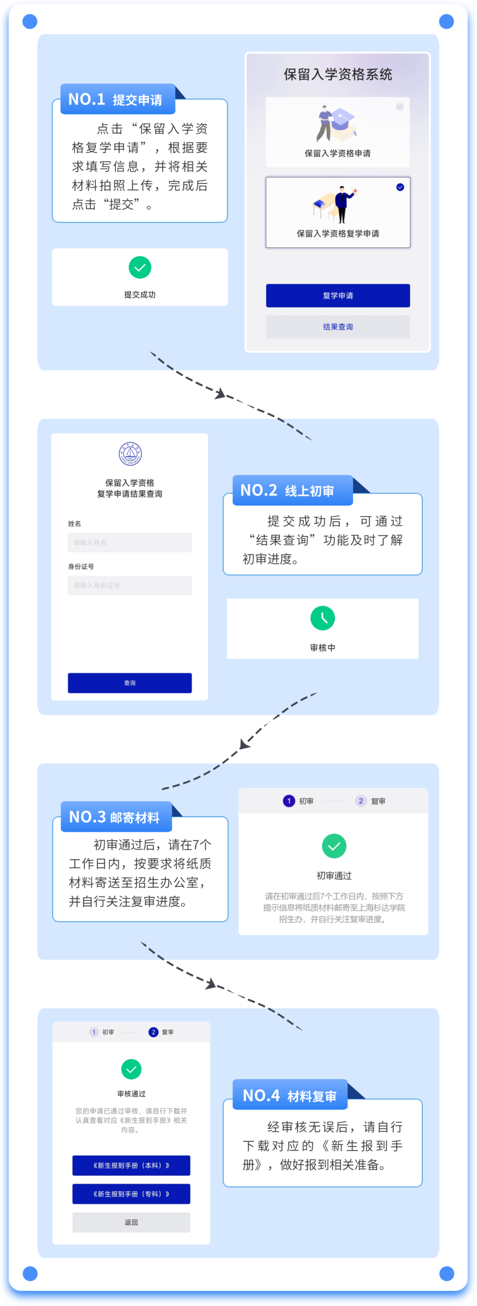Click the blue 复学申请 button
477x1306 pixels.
pyautogui.click(x=337, y=295)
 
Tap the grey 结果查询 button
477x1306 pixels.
pyautogui.click(x=337, y=327)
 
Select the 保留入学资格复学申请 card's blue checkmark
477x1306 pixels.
pyautogui.click(x=400, y=187)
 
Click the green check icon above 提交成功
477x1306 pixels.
pyautogui.click(x=140, y=267)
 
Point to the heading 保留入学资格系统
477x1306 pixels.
pyautogui.click(x=337, y=75)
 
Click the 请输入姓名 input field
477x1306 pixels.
pyautogui.click(x=130, y=542)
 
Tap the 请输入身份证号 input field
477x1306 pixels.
pyautogui.click(x=130, y=585)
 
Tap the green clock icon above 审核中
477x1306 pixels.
pyautogui.click(x=322, y=618)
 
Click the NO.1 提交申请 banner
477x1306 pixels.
pyautogui.click(x=117, y=99)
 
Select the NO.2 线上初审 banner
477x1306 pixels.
pyautogui.click(x=292, y=490)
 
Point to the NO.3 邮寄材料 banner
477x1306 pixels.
pyautogui.click(x=116, y=817)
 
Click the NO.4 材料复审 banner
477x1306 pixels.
pyautogui.click(x=290, y=1096)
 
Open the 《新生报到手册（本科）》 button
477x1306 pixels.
pyautogui.click(x=131, y=1166)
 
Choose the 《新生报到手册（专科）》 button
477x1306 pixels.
pyautogui.click(x=131, y=1194)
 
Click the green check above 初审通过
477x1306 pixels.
pyautogui.click(x=334, y=846)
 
